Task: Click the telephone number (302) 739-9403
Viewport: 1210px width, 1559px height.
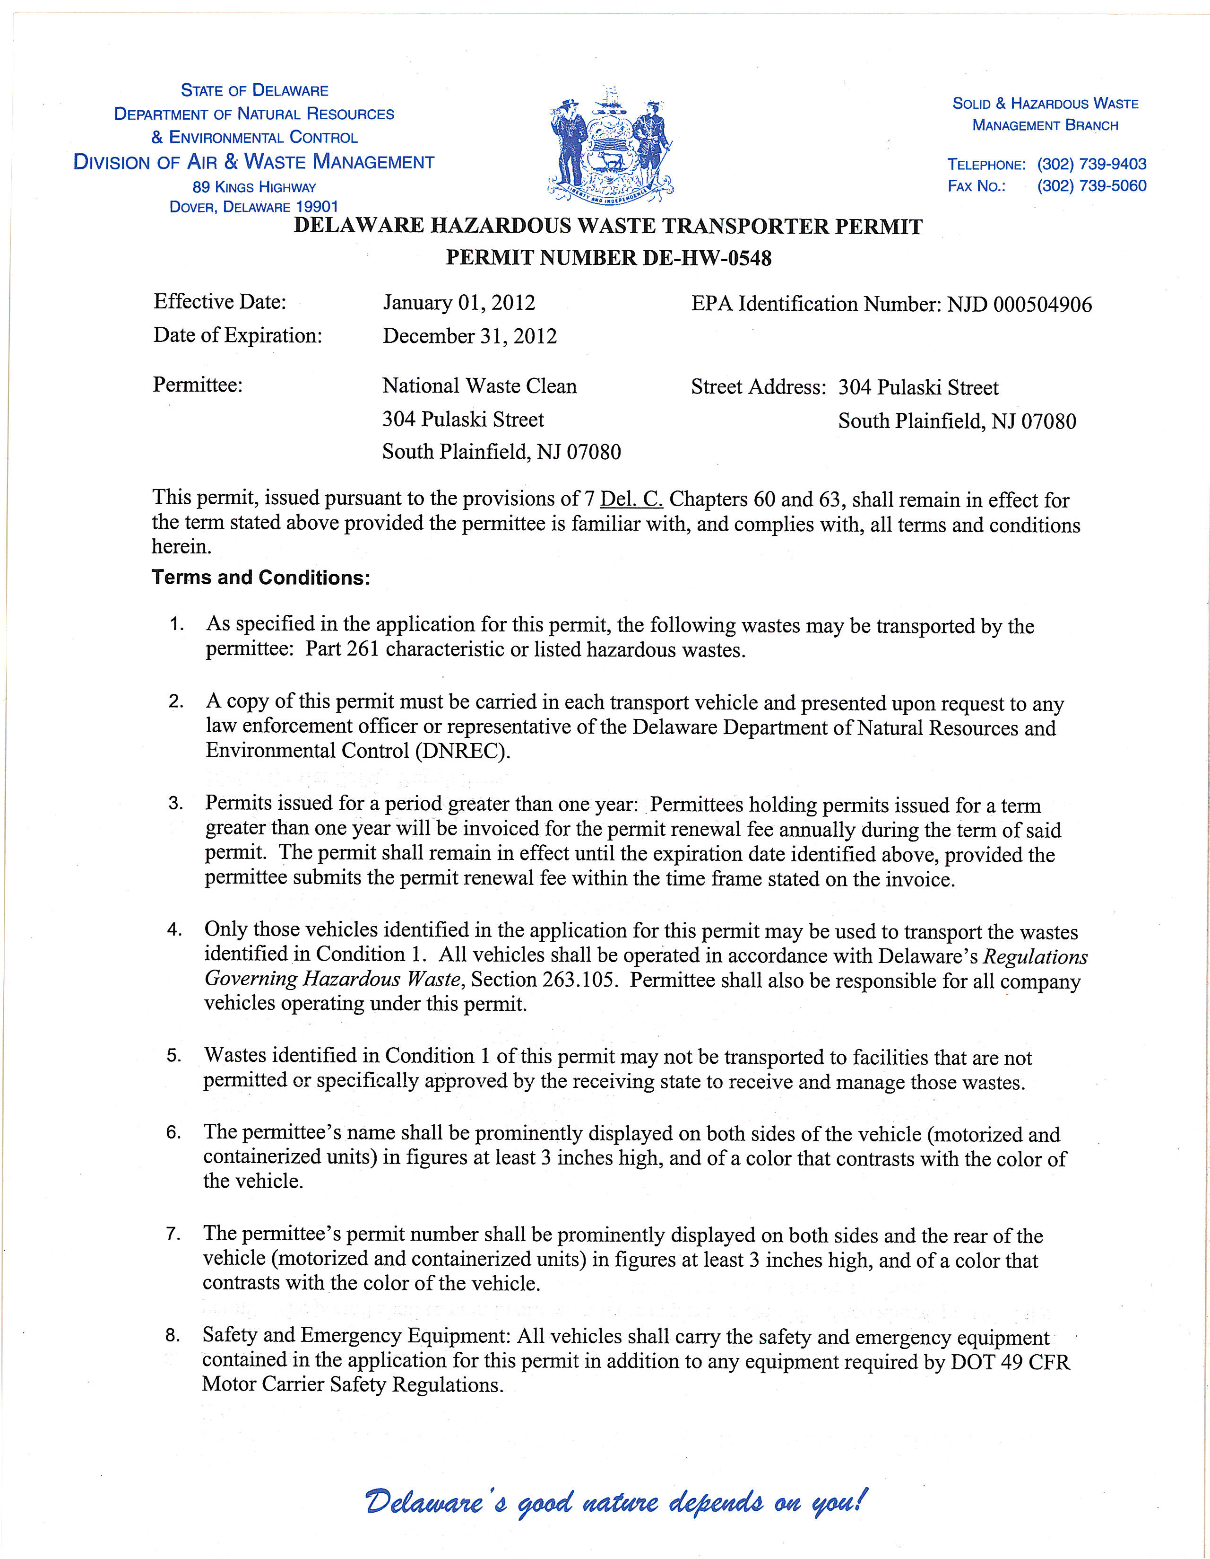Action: (1091, 164)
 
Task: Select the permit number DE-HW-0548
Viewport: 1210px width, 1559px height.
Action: (707, 258)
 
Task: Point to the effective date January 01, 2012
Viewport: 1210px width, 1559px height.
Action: (459, 303)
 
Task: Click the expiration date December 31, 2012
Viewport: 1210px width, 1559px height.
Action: (469, 336)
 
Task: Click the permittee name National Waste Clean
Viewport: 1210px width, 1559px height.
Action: (479, 386)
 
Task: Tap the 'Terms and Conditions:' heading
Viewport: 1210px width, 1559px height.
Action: (260, 578)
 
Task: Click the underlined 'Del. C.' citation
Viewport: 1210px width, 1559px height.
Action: (631, 499)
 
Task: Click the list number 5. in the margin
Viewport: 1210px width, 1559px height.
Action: (174, 1056)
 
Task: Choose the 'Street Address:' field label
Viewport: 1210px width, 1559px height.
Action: (759, 387)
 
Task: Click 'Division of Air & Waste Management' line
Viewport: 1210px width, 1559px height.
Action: (254, 162)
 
